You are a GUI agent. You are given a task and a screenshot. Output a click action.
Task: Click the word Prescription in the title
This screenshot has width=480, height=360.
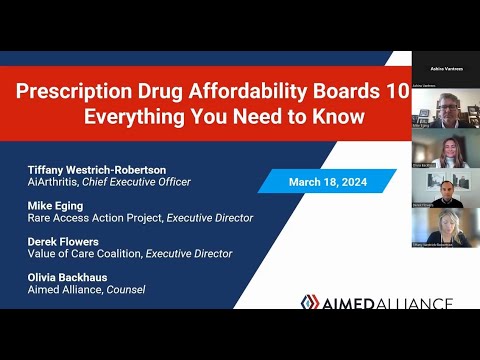[x=74, y=89]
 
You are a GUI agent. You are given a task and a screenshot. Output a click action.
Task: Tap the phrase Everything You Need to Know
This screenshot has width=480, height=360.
[x=223, y=116]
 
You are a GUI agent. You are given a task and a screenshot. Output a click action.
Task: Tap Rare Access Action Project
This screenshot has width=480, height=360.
[x=95, y=217]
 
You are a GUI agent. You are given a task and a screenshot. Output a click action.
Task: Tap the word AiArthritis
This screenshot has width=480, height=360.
[x=56, y=181]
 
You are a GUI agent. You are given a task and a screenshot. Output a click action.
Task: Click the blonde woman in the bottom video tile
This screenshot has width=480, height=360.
[x=446, y=224]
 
